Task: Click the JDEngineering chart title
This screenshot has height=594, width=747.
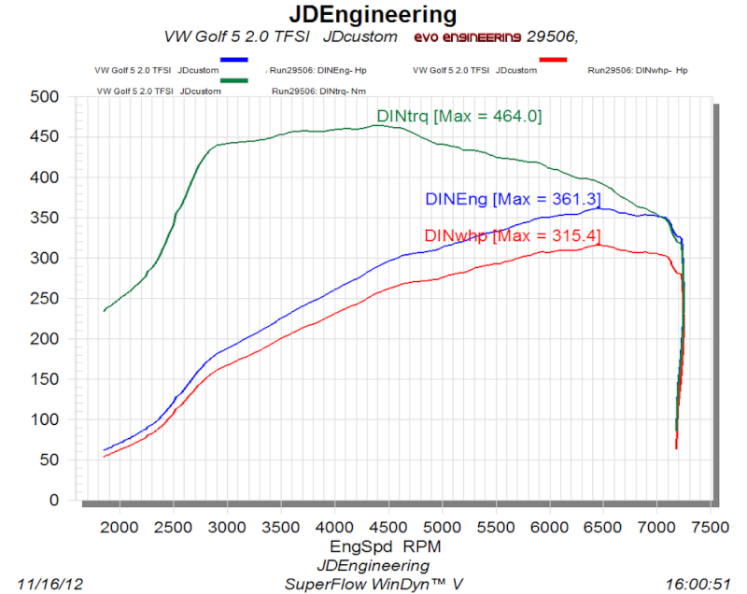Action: [x=373, y=15]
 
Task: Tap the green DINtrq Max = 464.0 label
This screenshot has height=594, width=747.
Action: [x=459, y=117]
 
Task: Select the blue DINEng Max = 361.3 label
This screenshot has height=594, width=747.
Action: [x=512, y=199]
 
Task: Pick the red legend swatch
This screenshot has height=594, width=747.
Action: [x=553, y=59]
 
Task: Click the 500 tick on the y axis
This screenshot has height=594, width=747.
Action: [x=45, y=97]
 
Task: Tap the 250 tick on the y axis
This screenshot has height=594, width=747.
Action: [x=45, y=299]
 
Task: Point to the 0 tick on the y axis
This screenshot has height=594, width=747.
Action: [x=54, y=501]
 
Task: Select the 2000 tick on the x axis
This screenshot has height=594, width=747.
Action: [x=119, y=527]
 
